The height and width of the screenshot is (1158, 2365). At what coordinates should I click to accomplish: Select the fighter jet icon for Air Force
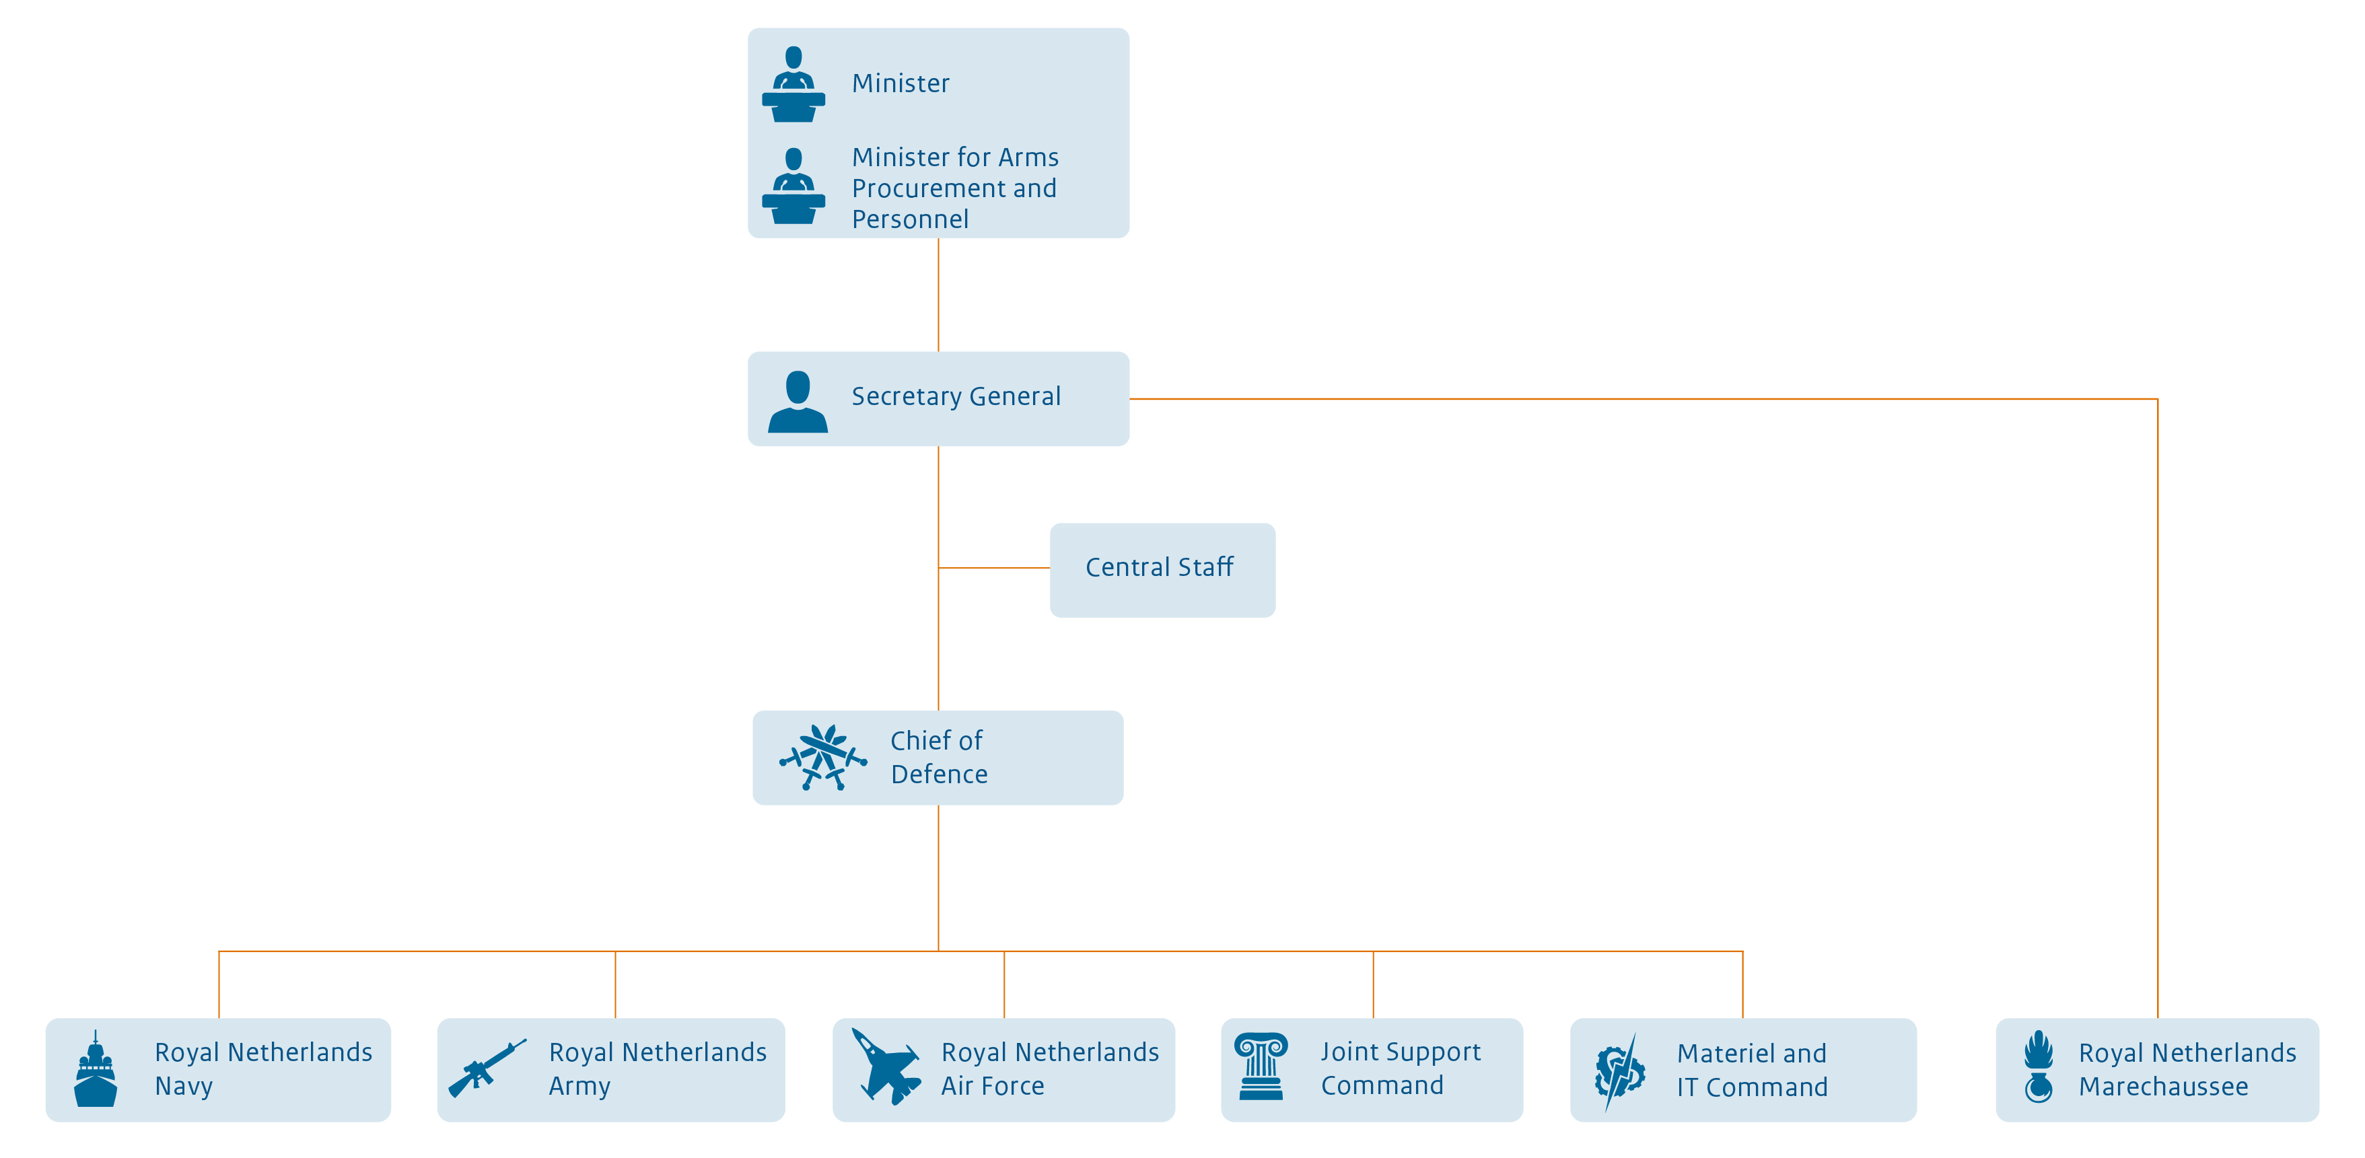[x=885, y=1067]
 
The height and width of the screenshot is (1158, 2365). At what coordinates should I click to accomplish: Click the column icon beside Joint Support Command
[x=1261, y=1066]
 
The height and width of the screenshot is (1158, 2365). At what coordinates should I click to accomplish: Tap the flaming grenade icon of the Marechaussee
[x=2038, y=1067]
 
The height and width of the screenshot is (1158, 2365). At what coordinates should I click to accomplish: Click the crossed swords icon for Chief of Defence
[x=822, y=758]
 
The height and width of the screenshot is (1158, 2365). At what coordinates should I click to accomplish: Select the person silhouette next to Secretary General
[x=797, y=402]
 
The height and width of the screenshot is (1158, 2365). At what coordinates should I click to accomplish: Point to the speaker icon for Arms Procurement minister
[x=793, y=186]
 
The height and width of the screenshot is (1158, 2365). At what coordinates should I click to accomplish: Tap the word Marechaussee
[x=2162, y=1087]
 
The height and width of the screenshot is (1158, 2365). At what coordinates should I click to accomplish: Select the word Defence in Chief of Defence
[x=938, y=774]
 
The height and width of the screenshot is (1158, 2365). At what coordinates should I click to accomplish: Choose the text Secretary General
[x=955, y=396]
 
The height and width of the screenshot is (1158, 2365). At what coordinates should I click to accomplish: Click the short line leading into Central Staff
[x=994, y=568]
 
